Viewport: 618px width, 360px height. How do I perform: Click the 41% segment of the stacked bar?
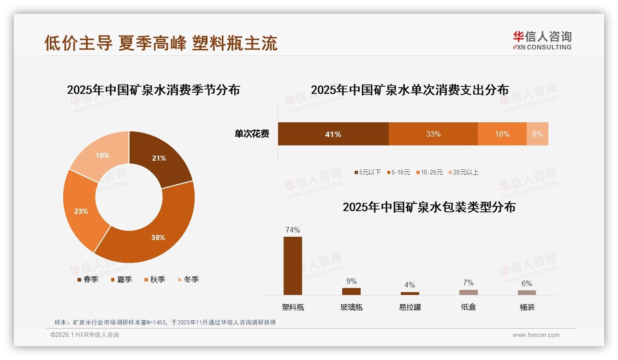tap(333, 134)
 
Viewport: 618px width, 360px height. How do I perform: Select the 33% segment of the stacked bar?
tap(433, 134)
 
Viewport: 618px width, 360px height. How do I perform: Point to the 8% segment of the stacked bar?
tap(537, 134)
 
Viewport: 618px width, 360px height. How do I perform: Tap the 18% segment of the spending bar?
tap(502, 134)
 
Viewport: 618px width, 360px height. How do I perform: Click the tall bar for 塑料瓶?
tap(293, 265)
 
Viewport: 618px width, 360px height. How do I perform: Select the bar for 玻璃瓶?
tap(351, 291)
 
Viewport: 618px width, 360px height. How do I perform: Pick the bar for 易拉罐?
tap(410, 293)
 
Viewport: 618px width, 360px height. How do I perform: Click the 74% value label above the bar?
tap(293, 230)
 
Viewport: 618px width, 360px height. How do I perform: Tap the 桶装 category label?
tap(527, 307)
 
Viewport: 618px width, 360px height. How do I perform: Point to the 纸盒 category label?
tap(468, 307)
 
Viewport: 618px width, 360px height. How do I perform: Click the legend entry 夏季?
tap(122, 280)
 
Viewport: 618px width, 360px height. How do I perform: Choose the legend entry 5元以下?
tap(368, 173)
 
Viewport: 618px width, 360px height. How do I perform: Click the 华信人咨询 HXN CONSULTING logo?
tap(542, 41)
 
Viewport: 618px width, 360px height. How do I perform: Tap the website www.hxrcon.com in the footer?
tap(536, 335)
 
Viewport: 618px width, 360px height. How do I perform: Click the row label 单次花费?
tap(252, 134)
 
